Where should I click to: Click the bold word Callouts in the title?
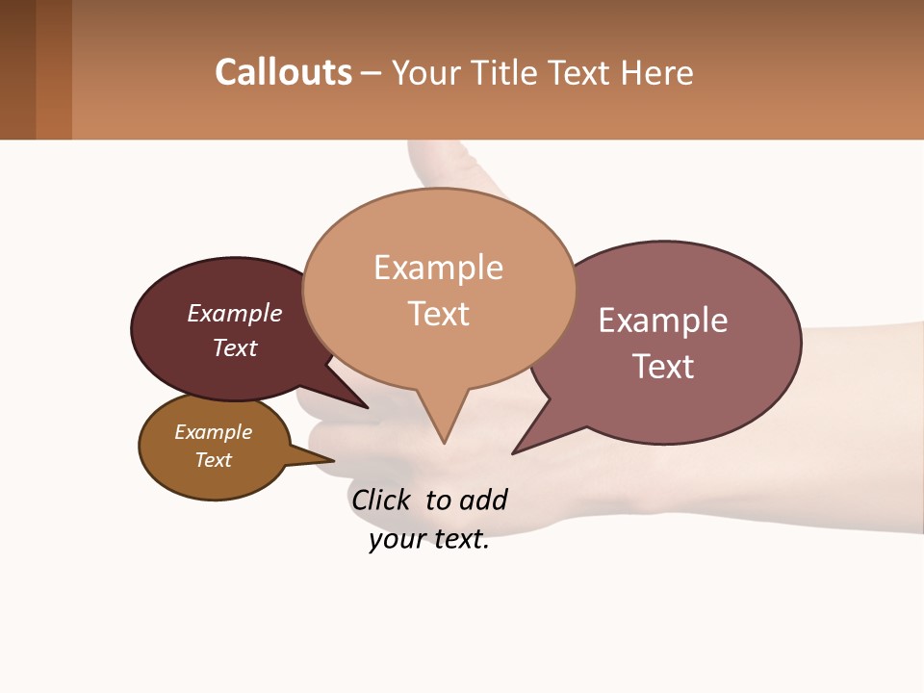[x=283, y=72]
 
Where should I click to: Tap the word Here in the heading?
[x=659, y=73]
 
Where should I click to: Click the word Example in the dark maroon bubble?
[x=235, y=314]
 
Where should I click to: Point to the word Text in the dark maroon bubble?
[x=235, y=347]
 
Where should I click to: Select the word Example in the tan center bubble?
[x=438, y=268]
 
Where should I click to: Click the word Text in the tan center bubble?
[x=438, y=314]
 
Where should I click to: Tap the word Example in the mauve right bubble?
[x=663, y=321]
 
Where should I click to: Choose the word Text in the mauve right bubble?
[x=663, y=367]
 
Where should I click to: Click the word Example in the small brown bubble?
[x=214, y=432]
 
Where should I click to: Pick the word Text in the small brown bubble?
[x=214, y=460]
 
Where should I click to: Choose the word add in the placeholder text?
[x=482, y=500]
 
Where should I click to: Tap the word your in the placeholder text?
[x=396, y=539]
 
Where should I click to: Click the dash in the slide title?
[x=372, y=73]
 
